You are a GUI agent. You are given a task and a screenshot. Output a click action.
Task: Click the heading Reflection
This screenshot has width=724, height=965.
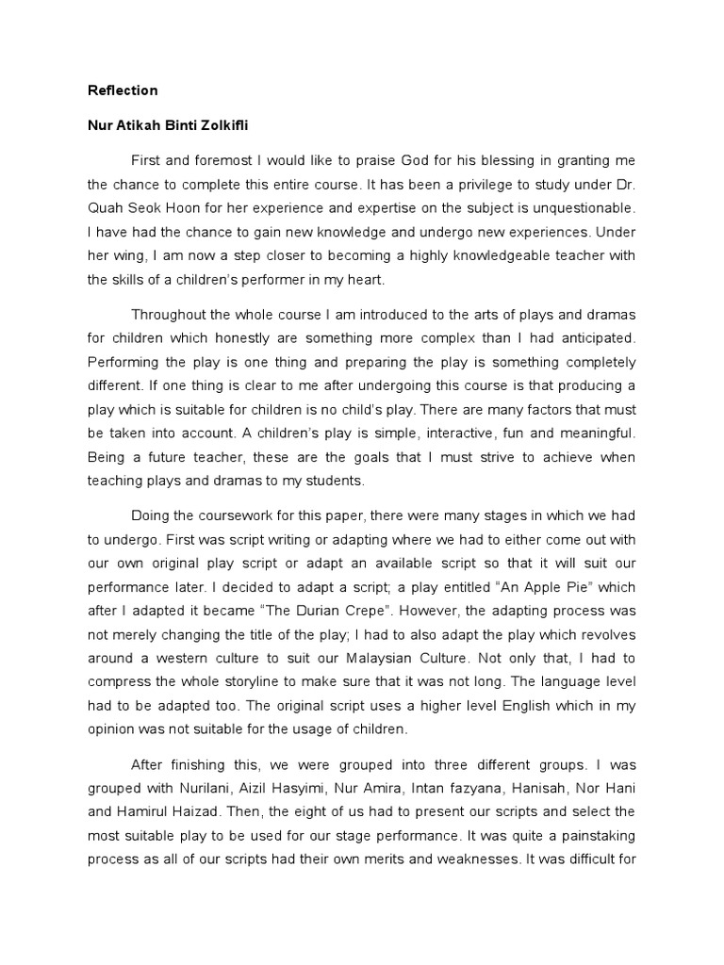(x=123, y=90)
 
